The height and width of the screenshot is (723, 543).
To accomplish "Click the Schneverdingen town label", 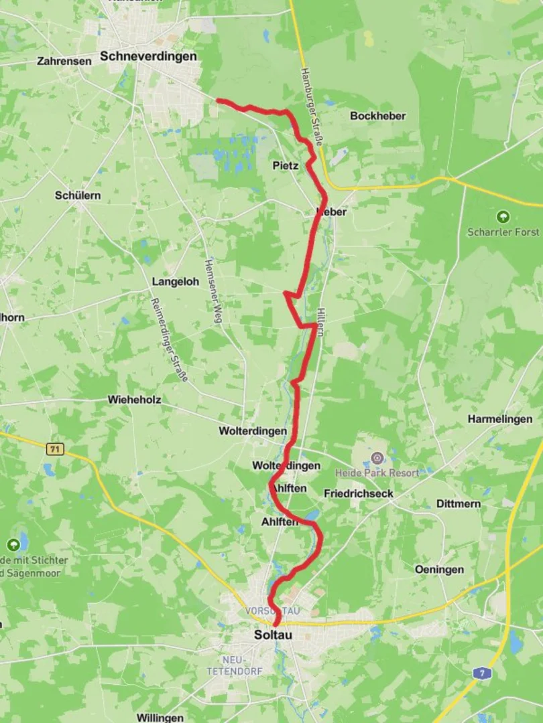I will point(148,57).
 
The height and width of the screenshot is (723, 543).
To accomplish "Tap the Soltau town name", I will point(273,635).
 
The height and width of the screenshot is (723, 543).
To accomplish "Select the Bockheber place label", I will point(377,116).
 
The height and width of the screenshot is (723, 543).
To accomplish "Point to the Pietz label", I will point(286,165).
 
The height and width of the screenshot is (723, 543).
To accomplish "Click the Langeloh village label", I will point(175,282).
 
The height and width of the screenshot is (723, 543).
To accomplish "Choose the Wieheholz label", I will point(134,400).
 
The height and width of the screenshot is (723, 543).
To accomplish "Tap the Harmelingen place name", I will point(499,419).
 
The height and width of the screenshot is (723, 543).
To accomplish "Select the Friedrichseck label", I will point(358,493).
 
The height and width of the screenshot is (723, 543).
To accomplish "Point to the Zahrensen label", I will point(64,61).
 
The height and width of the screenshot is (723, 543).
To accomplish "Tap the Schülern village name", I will point(78,195).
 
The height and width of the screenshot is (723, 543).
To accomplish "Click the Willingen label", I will point(160,718).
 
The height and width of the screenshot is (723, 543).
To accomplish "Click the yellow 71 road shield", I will point(55,449).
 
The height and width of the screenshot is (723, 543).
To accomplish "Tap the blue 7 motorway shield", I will point(480,673).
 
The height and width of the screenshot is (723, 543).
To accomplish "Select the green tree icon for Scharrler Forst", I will point(503,217).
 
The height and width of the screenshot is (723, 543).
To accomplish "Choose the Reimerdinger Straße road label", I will point(169,340).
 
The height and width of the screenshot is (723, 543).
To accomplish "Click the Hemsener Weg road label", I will point(213,292).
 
